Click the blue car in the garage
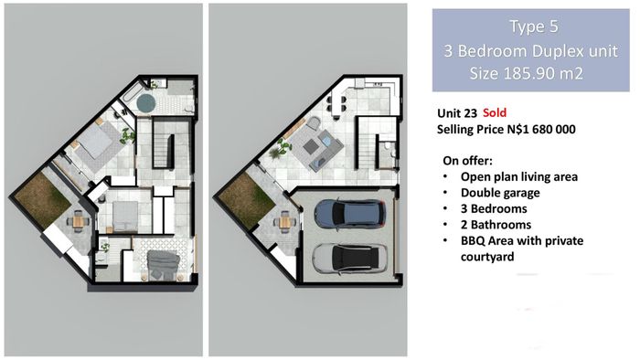point(350,212)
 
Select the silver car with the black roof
point(350,258)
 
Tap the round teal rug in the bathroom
point(145,102)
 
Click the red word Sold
point(495,113)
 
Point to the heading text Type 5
point(533,26)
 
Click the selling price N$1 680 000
point(541,130)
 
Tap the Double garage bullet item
point(500,193)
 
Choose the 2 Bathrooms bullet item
point(496,225)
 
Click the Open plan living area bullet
point(519,177)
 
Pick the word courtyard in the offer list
point(487,257)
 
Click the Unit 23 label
point(457,113)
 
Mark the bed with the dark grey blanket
point(163,263)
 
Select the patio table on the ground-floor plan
point(284,223)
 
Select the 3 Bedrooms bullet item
point(494,208)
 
